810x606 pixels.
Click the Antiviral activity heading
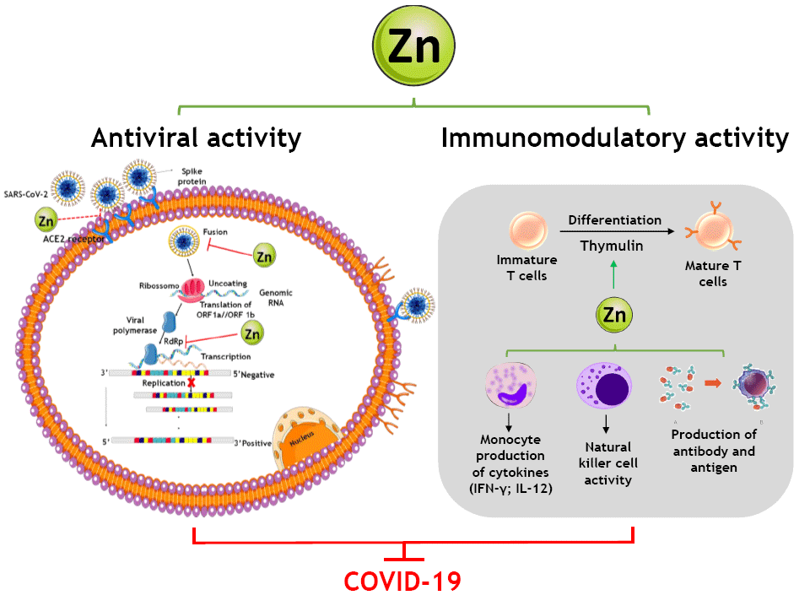pos(196,138)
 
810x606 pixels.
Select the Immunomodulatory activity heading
pos(614,138)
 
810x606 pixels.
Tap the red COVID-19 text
pos(402,582)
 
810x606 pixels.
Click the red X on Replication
pos(192,382)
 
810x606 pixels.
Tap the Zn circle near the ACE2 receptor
pos(47,221)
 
